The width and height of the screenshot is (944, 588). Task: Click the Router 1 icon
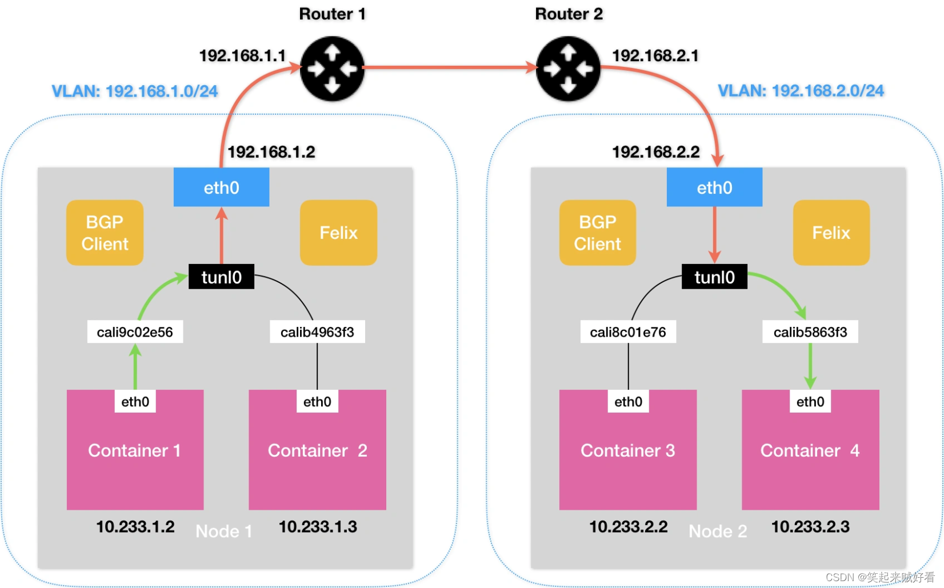coord(332,69)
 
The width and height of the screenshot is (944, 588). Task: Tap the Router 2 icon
coord(568,69)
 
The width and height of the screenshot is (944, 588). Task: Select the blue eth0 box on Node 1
coord(221,187)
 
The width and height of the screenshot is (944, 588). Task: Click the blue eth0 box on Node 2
coord(714,187)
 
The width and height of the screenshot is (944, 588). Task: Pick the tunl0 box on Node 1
coord(221,277)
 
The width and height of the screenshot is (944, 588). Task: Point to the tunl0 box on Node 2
coord(714,277)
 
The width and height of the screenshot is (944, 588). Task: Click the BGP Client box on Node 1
coord(105,233)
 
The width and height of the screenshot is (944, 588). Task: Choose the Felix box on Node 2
coord(831,233)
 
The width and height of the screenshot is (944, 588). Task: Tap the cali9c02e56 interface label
coord(135,332)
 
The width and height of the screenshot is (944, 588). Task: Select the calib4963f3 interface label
coord(317,332)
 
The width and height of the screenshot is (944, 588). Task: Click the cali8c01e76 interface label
coord(628,332)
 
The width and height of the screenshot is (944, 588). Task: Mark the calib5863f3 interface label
coord(810,332)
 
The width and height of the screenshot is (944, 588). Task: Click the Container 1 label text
coord(134,450)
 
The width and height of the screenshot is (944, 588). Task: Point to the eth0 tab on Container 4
coord(810,402)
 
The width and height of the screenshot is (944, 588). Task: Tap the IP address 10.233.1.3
coord(318,526)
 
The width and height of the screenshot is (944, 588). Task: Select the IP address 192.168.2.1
coord(655,55)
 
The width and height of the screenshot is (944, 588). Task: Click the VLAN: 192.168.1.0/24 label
coord(135,91)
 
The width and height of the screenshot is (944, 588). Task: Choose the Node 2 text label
coord(718,531)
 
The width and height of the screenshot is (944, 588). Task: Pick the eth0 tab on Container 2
coord(317,402)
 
